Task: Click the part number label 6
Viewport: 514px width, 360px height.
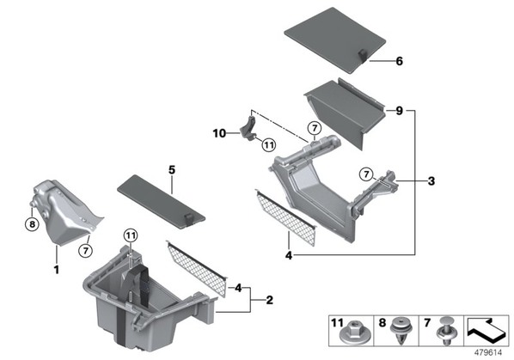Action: coord(400,61)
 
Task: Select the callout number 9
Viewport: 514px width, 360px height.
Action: coord(400,111)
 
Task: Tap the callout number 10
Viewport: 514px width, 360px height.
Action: coord(219,133)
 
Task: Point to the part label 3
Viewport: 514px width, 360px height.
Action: coord(431,180)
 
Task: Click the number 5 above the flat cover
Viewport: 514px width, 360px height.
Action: coord(172,169)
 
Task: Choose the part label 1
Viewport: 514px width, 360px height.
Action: coord(57,270)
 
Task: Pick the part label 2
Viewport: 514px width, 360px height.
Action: coord(269,300)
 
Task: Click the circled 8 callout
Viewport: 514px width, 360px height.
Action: coord(32,224)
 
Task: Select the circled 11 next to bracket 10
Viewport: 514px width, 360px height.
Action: coord(269,145)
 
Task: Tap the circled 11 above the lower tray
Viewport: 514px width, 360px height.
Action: coord(131,235)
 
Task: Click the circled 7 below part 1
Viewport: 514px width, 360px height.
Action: coord(86,251)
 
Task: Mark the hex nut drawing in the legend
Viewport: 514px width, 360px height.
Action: coord(351,333)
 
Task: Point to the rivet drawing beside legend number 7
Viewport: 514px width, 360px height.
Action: coord(446,331)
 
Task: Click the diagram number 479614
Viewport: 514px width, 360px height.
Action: coord(488,353)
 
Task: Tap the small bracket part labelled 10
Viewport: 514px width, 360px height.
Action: coord(250,128)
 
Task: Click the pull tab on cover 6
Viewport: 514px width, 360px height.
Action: coord(363,54)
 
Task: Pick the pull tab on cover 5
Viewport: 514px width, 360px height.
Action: coord(189,219)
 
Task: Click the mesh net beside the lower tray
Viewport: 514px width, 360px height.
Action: coord(197,269)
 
